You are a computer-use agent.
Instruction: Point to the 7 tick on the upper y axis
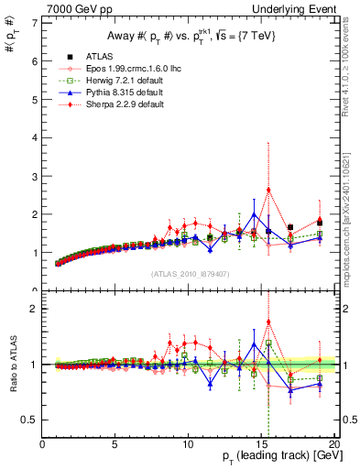click(34, 23)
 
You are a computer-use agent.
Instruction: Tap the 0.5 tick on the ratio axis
click(29, 420)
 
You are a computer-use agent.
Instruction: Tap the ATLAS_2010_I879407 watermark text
click(188, 273)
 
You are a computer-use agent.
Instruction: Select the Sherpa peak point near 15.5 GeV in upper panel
click(268, 190)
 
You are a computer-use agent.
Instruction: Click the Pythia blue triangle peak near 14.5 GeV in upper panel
click(254, 214)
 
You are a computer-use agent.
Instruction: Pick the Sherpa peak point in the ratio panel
click(268, 322)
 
